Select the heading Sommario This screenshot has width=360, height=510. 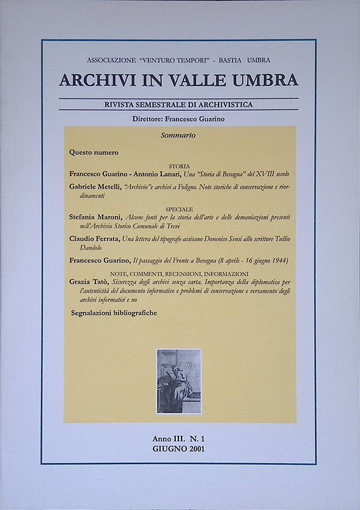click(x=178, y=136)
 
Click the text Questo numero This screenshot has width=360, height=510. click(x=94, y=153)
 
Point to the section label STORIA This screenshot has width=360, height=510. click(x=179, y=165)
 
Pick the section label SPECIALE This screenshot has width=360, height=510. click(x=180, y=208)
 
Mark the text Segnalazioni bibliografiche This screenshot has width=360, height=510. click(x=114, y=314)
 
